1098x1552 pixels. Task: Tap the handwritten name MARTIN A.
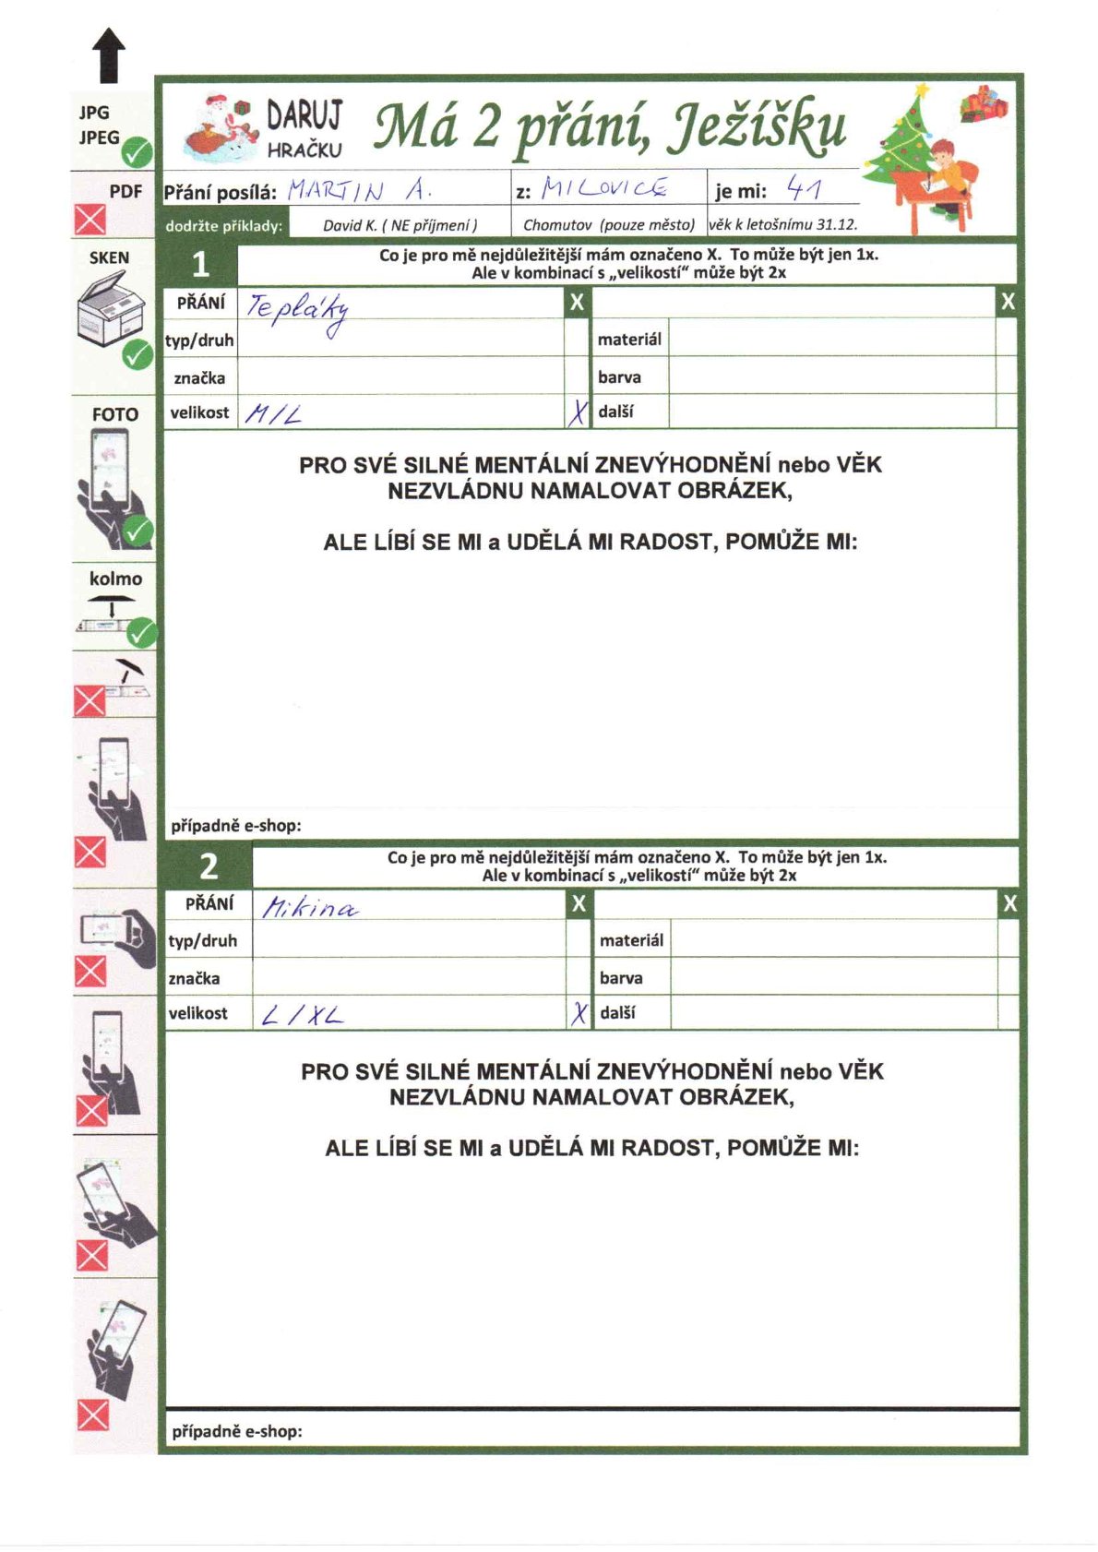[x=360, y=190]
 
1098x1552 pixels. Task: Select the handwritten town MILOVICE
[x=604, y=188]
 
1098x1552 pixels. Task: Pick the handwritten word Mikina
[x=310, y=908]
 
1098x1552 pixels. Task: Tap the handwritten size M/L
[x=273, y=414]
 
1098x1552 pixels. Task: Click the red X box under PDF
[x=90, y=221]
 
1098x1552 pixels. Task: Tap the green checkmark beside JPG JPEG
[x=138, y=151]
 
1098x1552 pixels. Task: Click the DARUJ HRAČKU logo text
[x=304, y=129]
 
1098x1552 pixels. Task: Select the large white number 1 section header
[x=200, y=266]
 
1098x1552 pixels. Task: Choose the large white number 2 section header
[x=209, y=866]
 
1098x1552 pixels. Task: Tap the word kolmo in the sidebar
[x=115, y=579]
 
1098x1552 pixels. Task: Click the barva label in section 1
[x=619, y=376]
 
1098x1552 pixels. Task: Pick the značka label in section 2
[x=194, y=978]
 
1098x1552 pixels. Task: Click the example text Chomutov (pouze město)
[x=608, y=224]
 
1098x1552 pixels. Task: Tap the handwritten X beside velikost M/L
[x=578, y=412]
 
